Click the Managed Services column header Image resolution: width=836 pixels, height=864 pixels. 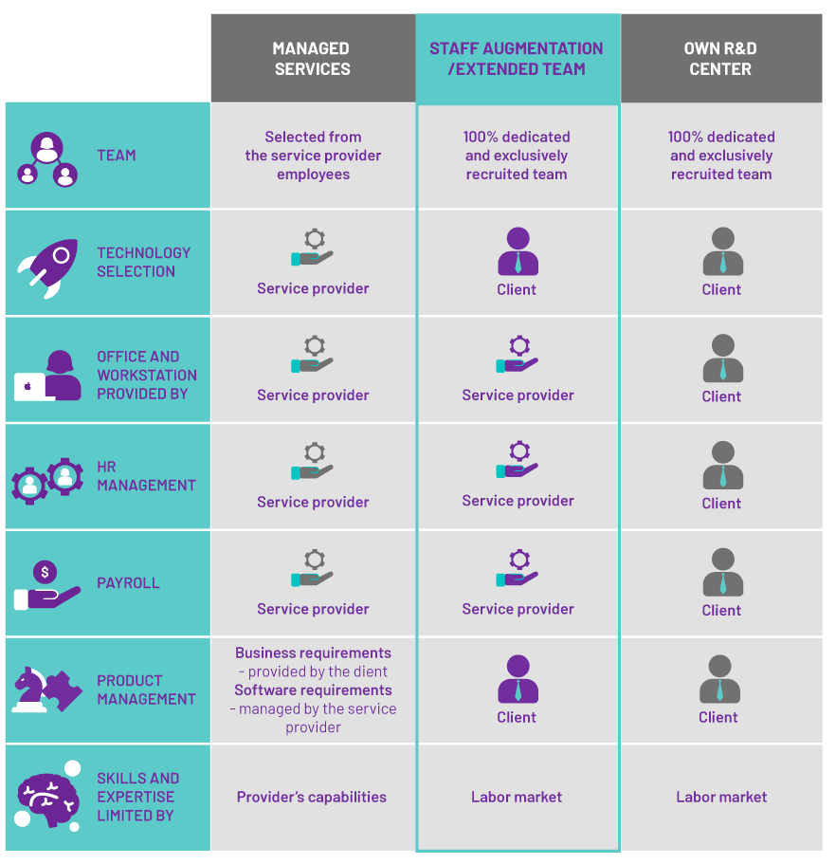coord(312,59)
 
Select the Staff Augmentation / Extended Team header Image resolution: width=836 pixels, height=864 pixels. coord(516,59)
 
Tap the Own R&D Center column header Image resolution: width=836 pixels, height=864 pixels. coord(720,59)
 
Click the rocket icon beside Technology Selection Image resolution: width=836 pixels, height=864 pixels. coord(48,268)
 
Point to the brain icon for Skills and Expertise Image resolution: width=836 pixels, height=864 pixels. coord(48,797)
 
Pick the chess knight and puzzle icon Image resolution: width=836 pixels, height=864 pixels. coord(46,689)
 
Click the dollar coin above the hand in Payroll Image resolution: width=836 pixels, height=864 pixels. coord(45,572)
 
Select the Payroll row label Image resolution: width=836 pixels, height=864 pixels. coord(128,583)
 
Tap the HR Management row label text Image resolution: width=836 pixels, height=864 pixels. coord(146,476)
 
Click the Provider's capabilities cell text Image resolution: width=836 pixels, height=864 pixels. coord(312,797)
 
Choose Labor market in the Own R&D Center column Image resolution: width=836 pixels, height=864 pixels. coord(721,797)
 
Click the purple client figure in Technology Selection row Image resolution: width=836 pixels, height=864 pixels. coord(518,251)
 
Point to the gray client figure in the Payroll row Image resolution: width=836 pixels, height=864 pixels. coord(722,572)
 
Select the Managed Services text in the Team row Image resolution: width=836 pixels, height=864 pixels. coord(313,156)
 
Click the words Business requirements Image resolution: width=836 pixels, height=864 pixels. coord(313,653)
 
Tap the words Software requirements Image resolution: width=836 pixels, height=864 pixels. coord(313,690)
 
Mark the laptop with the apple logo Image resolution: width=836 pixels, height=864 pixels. coord(29,387)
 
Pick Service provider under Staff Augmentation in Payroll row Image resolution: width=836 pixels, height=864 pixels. coord(518,609)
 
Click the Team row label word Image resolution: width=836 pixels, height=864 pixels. coord(117,156)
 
